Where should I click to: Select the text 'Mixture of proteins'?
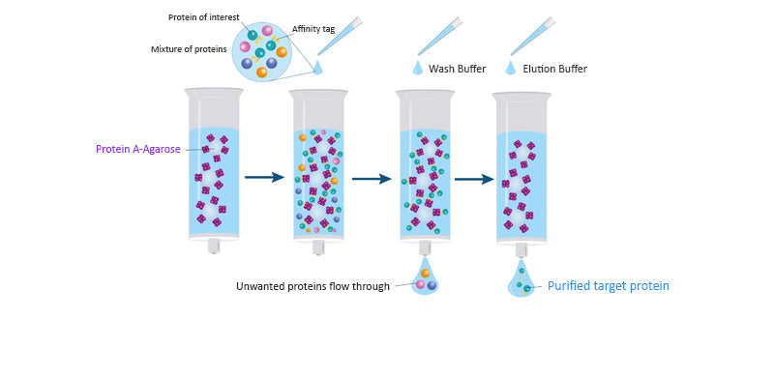(x=189, y=49)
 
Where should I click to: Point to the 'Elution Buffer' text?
(x=554, y=69)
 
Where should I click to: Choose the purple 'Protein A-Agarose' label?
(x=137, y=149)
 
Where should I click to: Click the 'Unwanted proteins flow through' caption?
(x=313, y=286)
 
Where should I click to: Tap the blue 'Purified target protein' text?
(x=609, y=286)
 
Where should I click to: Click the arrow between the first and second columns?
(x=264, y=177)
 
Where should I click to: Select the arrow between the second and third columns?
(x=371, y=178)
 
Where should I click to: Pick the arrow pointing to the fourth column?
(x=474, y=178)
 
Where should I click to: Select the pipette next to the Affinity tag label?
(x=340, y=37)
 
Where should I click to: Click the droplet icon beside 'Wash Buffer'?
(x=418, y=68)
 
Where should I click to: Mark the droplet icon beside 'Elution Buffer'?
(x=510, y=68)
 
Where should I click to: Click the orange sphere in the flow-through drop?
(x=426, y=274)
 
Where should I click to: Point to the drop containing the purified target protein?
(x=521, y=280)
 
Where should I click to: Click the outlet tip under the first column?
(x=214, y=246)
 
